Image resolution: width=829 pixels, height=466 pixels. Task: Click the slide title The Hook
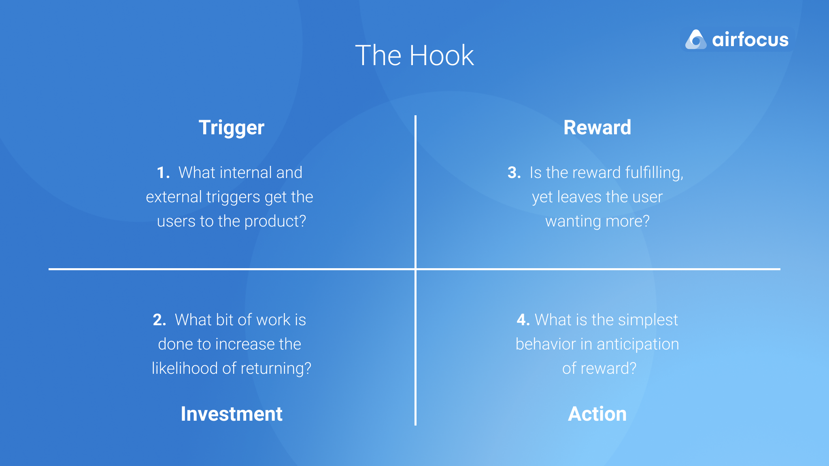[414, 55]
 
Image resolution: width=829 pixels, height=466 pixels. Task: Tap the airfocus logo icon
[695, 40]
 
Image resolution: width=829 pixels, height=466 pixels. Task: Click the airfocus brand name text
[750, 40]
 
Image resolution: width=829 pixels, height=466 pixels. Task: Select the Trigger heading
[231, 128]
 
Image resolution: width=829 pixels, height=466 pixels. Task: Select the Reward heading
[597, 128]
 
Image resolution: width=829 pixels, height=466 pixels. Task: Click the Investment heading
[231, 414]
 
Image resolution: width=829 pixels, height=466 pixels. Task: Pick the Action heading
[597, 414]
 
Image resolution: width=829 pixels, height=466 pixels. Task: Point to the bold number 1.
[162, 173]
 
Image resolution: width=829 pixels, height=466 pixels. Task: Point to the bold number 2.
[159, 320]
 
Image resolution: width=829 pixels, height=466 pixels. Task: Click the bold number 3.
[514, 173]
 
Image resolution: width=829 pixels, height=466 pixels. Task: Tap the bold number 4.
[523, 320]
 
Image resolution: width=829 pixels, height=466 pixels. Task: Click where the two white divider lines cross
[415, 269]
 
